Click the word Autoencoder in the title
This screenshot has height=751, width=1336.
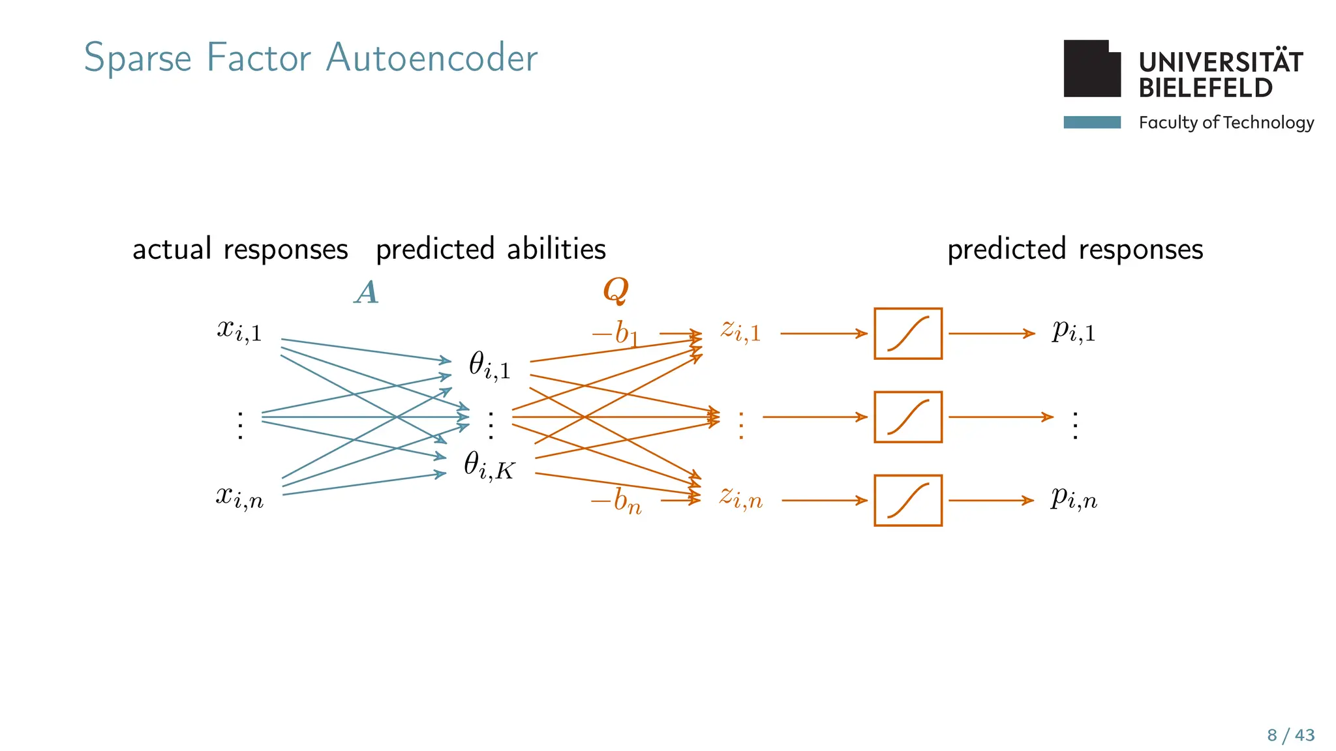[x=431, y=58]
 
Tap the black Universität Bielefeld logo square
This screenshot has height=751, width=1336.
[x=1091, y=69]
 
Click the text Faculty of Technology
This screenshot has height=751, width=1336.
[x=1226, y=123]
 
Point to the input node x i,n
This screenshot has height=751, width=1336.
[x=239, y=497]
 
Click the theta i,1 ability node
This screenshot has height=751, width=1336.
[x=490, y=365]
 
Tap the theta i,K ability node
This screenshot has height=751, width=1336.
[x=489, y=466]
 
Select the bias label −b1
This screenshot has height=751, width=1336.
[x=615, y=334]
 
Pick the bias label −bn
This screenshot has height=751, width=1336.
[x=616, y=501]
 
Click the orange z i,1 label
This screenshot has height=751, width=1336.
[x=740, y=331]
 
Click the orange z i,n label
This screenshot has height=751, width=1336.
[x=740, y=497]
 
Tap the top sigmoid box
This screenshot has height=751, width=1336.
[x=907, y=334]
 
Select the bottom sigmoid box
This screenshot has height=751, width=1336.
[x=907, y=501]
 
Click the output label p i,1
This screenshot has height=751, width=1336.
[x=1074, y=331]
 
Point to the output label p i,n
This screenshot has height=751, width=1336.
[x=1074, y=499]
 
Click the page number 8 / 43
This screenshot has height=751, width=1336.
[x=1290, y=735]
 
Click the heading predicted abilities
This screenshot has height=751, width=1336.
[x=491, y=250]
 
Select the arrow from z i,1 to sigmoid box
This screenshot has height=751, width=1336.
[x=823, y=334]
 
